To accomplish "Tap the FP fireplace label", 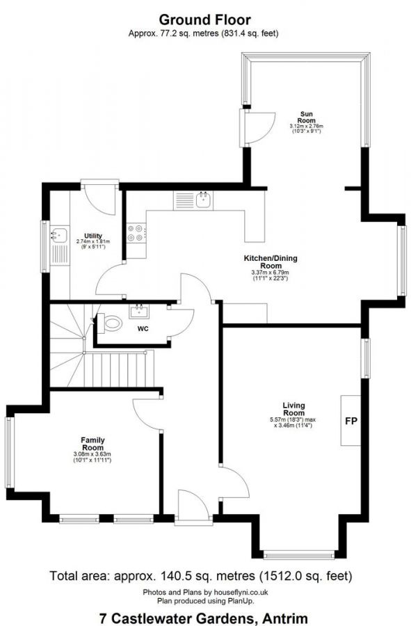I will (351, 422).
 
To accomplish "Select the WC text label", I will (143, 328).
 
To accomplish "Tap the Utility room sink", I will (58, 236).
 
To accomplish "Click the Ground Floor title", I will (205, 19).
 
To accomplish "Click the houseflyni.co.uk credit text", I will (205, 592).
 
